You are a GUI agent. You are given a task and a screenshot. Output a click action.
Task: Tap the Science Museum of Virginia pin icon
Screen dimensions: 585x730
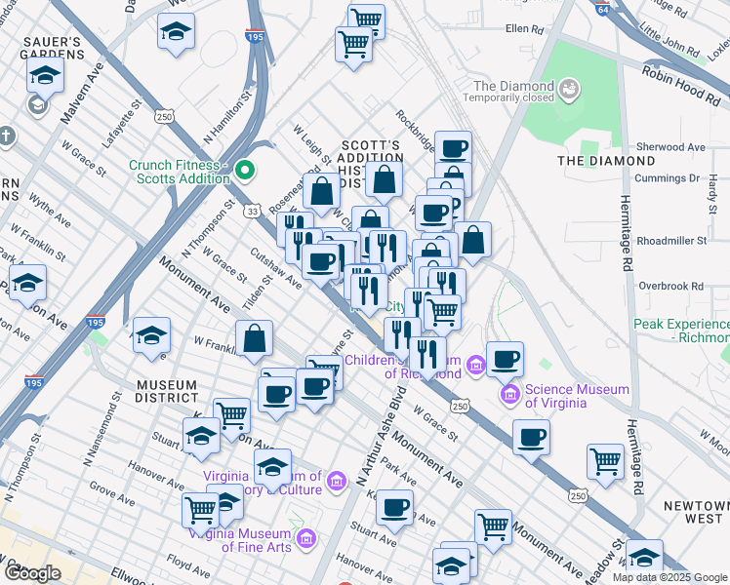click(509, 395)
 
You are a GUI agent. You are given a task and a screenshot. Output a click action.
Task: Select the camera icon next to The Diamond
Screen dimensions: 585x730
click(569, 91)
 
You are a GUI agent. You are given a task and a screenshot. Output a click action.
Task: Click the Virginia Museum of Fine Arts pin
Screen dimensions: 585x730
click(305, 538)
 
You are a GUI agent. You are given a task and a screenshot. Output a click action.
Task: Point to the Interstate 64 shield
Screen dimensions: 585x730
click(604, 6)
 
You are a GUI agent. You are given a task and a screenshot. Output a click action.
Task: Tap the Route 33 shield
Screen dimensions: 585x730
click(253, 210)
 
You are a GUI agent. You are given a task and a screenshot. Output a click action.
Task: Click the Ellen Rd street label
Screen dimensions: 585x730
click(524, 28)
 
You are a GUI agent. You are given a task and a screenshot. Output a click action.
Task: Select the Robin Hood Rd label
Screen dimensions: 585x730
click(684, 84)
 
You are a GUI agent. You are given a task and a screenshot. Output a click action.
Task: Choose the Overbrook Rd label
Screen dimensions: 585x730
click(670, 286)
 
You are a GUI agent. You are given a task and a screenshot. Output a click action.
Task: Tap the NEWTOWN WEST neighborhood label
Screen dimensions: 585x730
click(694, 513)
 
